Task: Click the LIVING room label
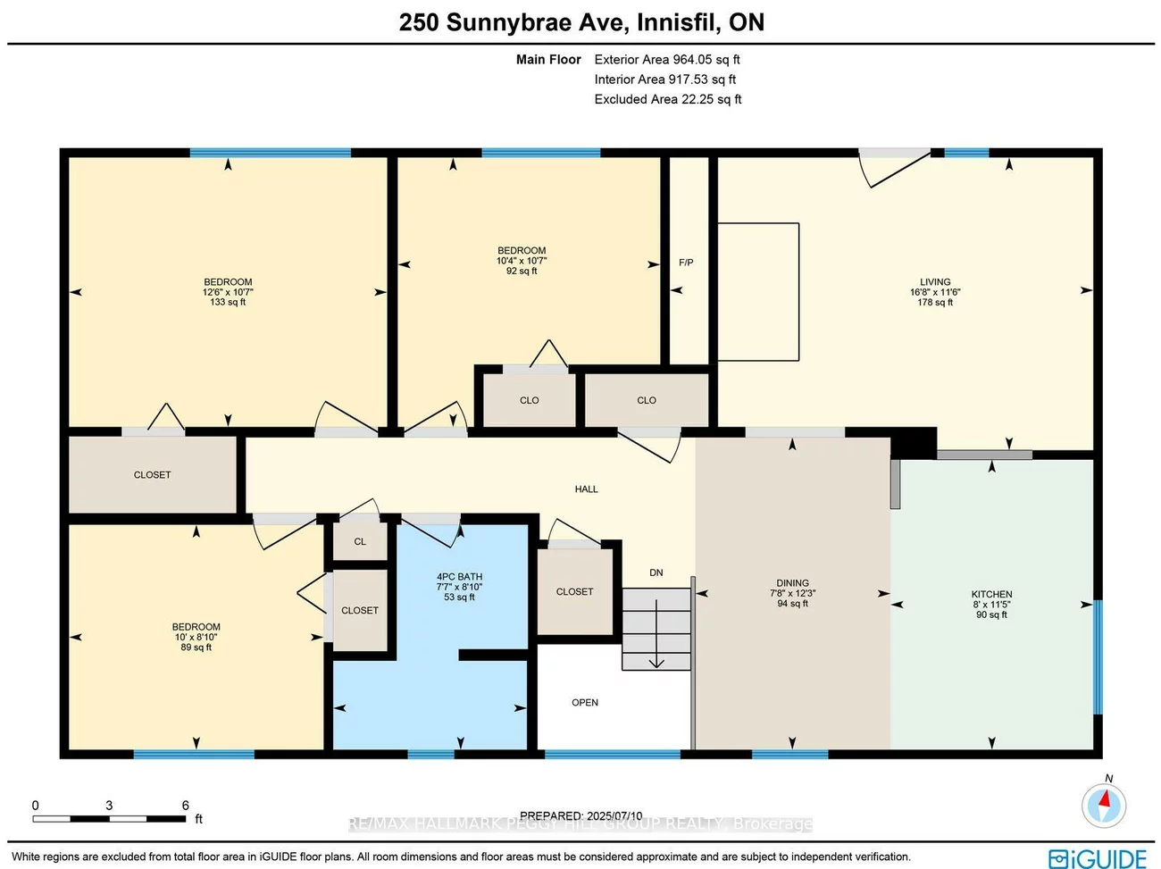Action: [935, 282]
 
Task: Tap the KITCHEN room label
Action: [991, 595]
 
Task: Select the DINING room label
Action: [792, 583]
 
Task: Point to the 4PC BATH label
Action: [459, 577]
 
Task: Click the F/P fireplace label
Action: [686, 263]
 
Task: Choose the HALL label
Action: [586, 489]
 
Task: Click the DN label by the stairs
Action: [656, 572]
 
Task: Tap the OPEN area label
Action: [585, 703]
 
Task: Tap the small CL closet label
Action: [360, 542]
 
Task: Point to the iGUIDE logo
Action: [1098, 858]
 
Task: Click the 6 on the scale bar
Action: [186, 806]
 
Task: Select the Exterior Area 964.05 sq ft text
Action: [667, 60]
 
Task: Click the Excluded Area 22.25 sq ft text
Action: [668, 99]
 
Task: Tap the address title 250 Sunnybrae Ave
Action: [581, 22]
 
